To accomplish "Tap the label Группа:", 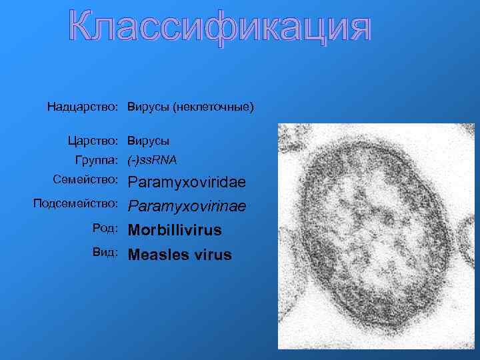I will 97,160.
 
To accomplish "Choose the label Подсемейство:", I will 75,203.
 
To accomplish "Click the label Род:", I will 107,228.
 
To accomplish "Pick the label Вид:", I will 107,253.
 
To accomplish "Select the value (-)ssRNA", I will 153,160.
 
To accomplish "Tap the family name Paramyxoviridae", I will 187,182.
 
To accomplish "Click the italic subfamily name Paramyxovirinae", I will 187,207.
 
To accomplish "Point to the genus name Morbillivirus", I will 175,231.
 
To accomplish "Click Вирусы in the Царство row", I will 149,141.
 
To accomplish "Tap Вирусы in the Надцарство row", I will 149,107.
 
